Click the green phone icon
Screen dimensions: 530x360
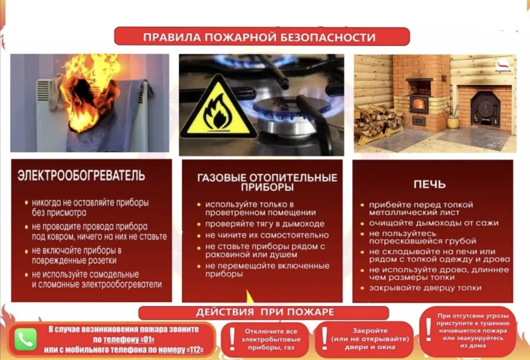click(x=26, y=339)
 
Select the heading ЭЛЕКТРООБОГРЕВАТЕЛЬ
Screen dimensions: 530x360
click(x=81, y=175)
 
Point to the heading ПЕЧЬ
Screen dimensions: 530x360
click(x=430, y=184)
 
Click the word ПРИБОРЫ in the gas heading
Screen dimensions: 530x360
click(x=268, y=187)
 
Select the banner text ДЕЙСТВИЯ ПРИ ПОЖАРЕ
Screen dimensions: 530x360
click(x=265, y=312)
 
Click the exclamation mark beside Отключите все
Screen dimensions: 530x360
click(x=232, y=339)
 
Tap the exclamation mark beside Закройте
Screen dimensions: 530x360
click(x=325, y=339)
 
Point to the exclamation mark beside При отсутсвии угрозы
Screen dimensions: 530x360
click(x=428, y=329)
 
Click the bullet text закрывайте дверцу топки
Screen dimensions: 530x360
click(x=425, y=288)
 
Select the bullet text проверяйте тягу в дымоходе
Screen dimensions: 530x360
click(x=265, y=224)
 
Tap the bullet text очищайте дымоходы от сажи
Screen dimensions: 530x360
click(x=434, y=223)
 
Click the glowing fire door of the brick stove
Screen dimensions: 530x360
click(x=419, y=104)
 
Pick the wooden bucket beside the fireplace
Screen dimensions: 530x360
click(x=452, y=122)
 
